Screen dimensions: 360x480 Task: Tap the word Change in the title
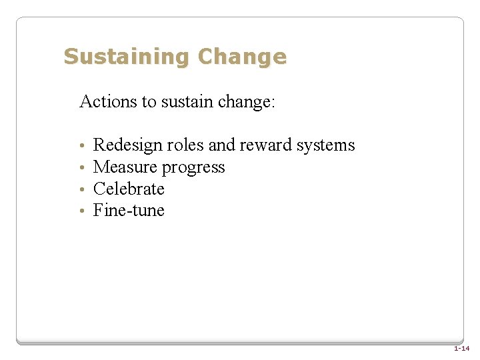pyautogui.click(x=243, y=57)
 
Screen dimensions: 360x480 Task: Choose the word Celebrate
pyautogui.click(x=129, y=189)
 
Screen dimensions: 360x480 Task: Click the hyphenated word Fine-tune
pyautogui.click(x=129, y=211)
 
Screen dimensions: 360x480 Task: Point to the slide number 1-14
pyautogui.click(x=461, y=349)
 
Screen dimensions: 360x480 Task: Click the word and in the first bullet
pyautogui.click(x=222, y=145)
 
